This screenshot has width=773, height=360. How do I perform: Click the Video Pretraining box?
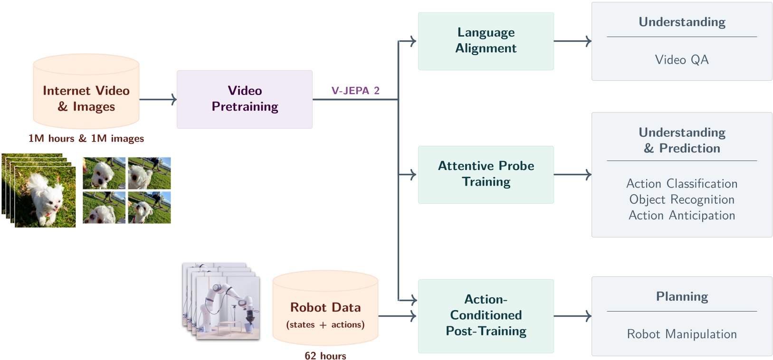pyautogui.click(x=244, y=99)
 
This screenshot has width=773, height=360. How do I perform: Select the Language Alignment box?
pyautogui.click(x=486, y=41)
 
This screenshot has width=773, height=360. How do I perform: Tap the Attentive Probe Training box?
pyautogui.click(x=486, y=174)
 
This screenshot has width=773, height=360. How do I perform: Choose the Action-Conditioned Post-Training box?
pyautogui.click(x=486, y=316)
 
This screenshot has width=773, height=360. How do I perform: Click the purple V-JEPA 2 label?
pyautogui.click(x=355, y=91)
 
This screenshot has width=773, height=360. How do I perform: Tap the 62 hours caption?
pyautogui.click(x=325, y=356)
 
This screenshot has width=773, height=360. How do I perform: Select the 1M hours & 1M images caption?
pyautogui.click(x=86, y=138)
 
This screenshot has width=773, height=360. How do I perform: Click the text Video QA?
pyautogui.click(x=681, y=60)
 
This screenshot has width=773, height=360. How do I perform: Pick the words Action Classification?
pyautogui.click(x=681, y=183)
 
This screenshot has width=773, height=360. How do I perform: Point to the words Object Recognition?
pyautogui.click(x=681, y=199)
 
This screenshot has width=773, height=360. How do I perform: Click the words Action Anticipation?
pyautogui.click(x=681, y=215)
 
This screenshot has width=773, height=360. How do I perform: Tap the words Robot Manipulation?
pyautogui.click(x=681, y=334)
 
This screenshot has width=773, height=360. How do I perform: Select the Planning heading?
pyautogui.click(x=681, y=296)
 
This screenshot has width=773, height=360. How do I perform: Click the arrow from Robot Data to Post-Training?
pyautogui.click(x=397, y=316)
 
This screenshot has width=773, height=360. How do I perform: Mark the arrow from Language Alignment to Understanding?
pyautogui.click(x=572, y=41)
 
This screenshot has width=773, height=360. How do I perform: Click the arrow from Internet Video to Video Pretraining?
pyautogui.click(x=158, y=99)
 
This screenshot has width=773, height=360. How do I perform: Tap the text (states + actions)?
pyautogui.click(x=325, y=324)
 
